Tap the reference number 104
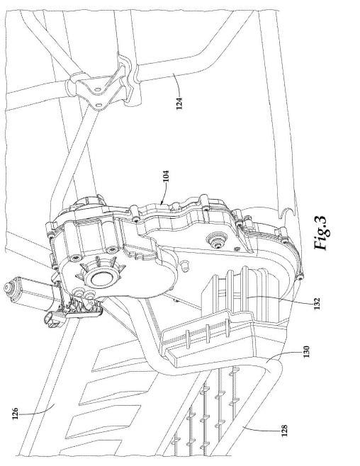click(167, 176)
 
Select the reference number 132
click(317, 303)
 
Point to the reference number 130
click(306, 351)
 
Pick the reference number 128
click(284, 431)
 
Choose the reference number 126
click(15, 414)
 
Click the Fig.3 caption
click(321, 233)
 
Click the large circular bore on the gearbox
click(102, 278)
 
